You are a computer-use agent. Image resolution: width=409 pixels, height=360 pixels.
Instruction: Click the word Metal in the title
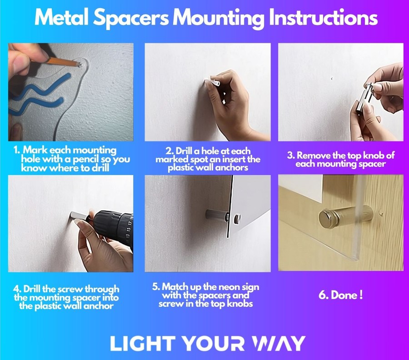point(62,17)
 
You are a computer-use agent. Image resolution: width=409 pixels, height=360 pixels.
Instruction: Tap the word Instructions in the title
point(323,17)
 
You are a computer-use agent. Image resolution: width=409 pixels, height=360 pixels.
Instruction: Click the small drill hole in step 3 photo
point(332,78)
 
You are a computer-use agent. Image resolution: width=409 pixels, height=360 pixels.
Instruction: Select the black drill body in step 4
point(114,226)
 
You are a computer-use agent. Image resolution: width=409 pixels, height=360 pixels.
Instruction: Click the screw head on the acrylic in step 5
point(237,219)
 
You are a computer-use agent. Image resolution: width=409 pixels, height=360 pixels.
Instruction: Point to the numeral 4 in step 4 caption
point(17,289)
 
